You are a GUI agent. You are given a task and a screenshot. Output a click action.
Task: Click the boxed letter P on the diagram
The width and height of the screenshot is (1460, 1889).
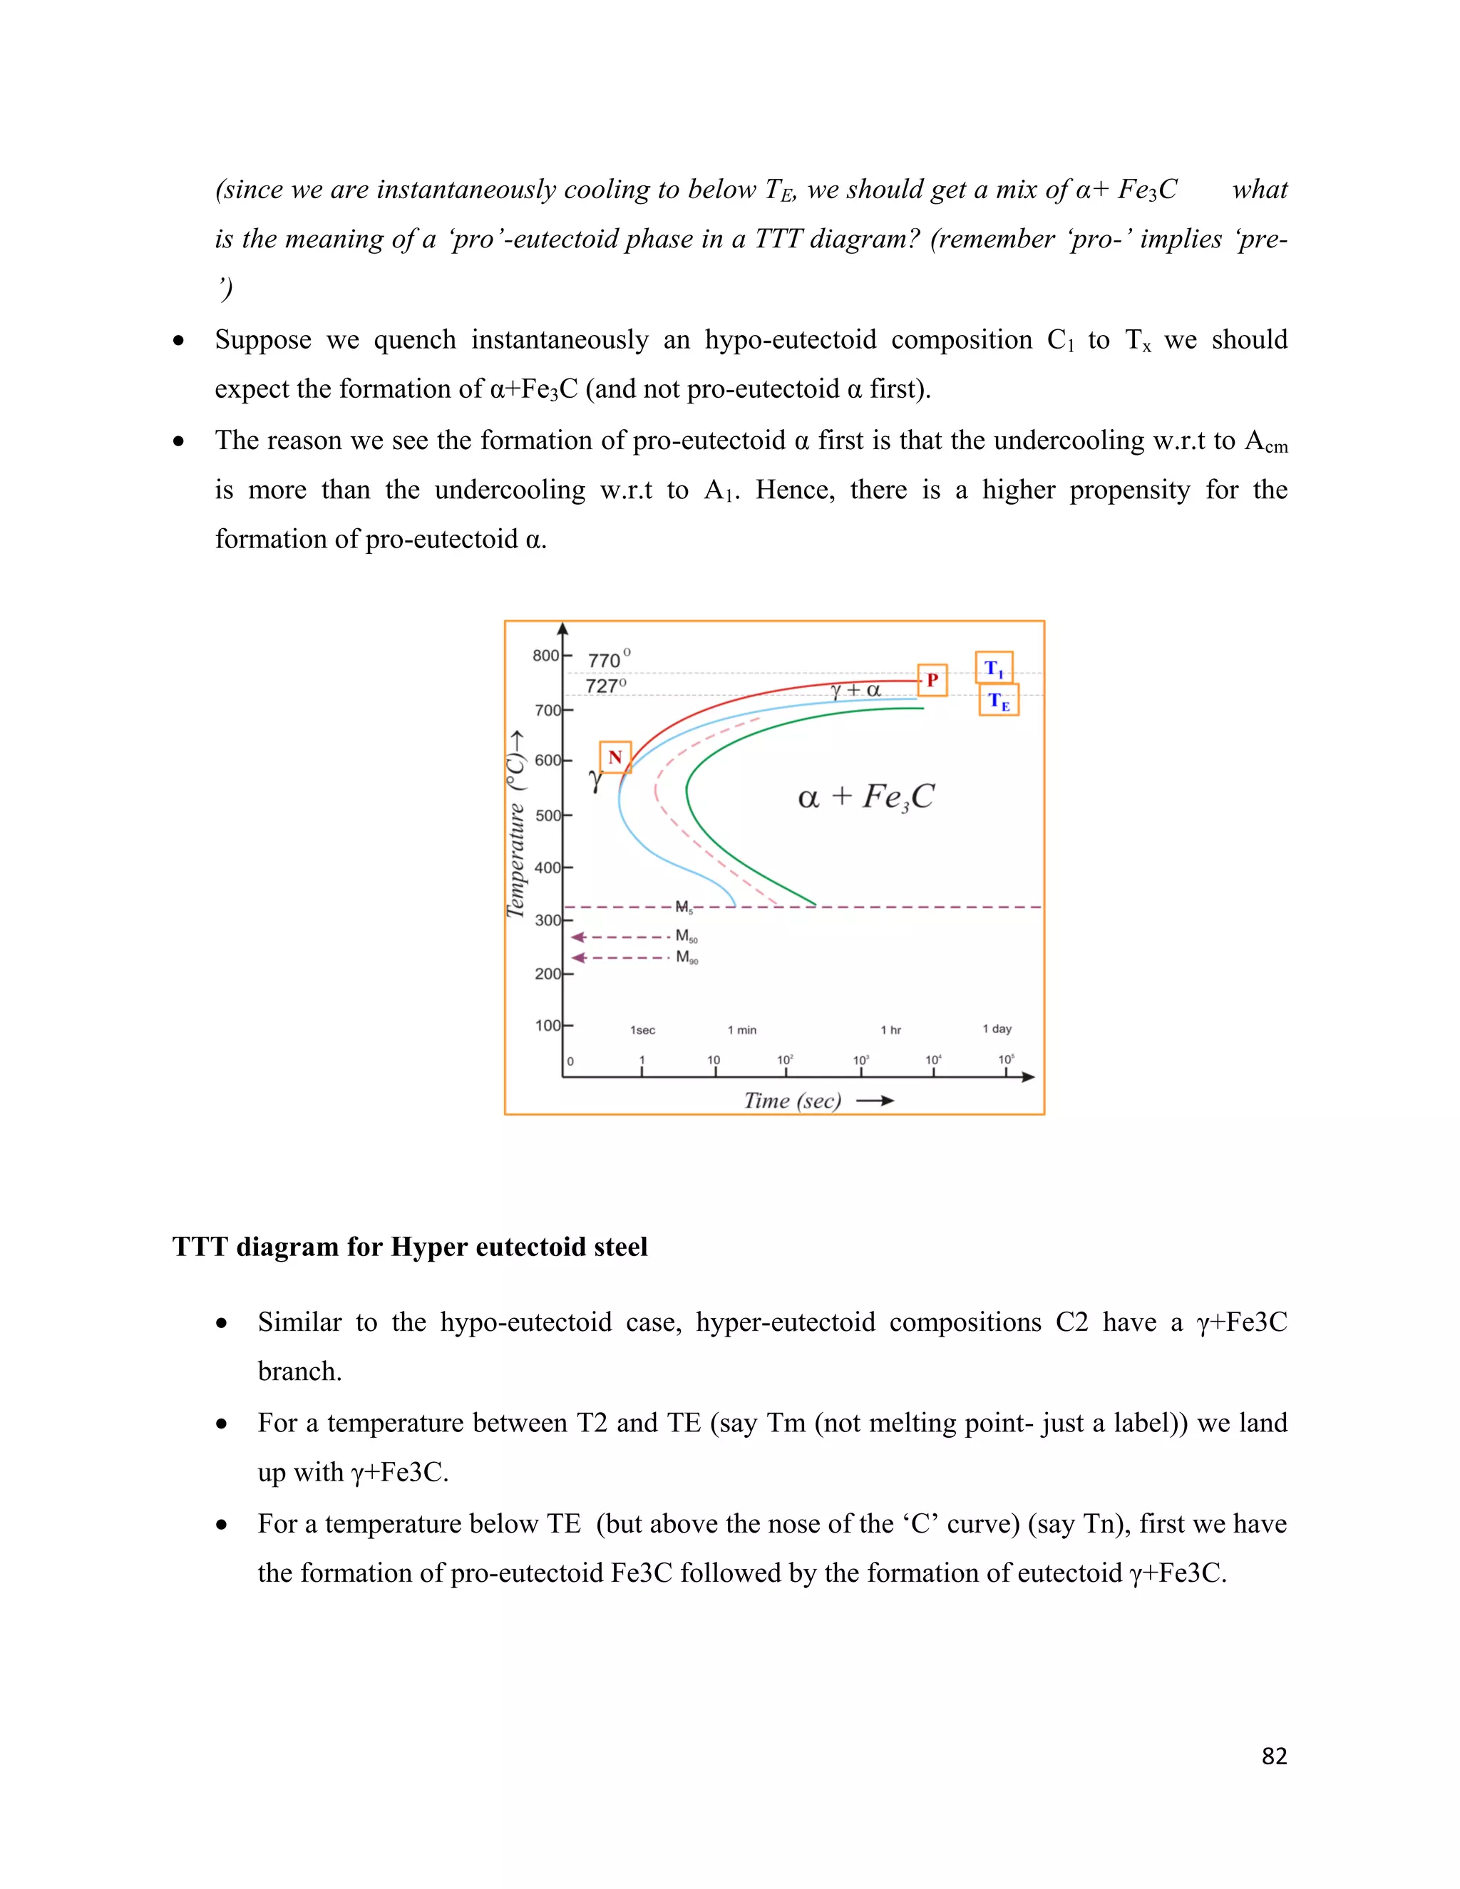pos(932,680)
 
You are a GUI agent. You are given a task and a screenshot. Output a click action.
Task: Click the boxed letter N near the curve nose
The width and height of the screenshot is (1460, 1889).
pos(615,758)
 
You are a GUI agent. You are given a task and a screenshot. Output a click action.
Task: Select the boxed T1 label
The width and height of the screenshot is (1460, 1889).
pos(994,669)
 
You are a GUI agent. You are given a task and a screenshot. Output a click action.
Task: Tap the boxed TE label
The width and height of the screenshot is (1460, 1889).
pos(999,701)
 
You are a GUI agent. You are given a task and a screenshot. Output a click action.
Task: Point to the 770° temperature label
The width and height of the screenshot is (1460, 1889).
pos(608,660)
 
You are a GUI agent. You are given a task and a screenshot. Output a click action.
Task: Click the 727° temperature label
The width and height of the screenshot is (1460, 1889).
pos(605,686)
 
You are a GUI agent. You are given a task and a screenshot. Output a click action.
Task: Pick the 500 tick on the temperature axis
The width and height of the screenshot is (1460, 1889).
pos(548,815)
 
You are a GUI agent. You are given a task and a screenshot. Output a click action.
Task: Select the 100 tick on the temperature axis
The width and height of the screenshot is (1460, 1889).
pos(548,1025)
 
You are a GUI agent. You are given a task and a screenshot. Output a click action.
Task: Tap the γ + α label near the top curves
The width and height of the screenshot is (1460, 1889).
pos(855,690)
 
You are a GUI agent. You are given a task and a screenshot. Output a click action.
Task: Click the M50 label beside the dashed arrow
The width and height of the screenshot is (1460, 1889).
pos(686,936)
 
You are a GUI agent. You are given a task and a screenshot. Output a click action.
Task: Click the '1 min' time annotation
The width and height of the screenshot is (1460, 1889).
pos(741,1030)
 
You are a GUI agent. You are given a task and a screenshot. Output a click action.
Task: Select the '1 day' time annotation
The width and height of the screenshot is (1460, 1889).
pos(997,1029)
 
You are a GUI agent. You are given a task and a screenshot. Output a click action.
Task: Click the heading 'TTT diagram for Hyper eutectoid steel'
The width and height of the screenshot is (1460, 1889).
pos(409,1246)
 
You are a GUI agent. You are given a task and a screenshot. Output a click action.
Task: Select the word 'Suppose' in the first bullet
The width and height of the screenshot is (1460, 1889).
pos(263,340)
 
